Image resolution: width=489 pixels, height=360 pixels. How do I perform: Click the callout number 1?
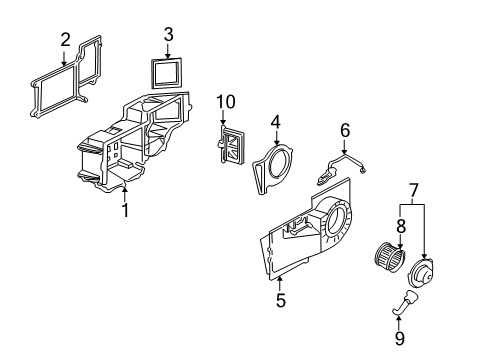tap(126, 211)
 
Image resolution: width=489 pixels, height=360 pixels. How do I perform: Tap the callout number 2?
tap(65, 40)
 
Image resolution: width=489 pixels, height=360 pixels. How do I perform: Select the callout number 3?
tap(168, 35)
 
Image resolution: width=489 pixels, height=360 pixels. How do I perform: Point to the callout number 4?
tap(273, 121)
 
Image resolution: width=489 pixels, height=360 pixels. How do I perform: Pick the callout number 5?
tap(281, 299)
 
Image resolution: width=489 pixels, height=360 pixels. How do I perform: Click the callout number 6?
tap(345, 129)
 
